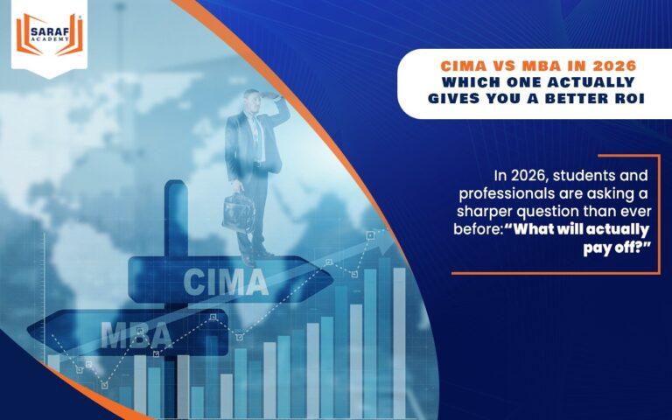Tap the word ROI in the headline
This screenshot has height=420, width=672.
click(626, 98)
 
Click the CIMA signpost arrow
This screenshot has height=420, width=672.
click(223, 279)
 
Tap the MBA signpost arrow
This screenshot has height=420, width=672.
click(131, 333)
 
